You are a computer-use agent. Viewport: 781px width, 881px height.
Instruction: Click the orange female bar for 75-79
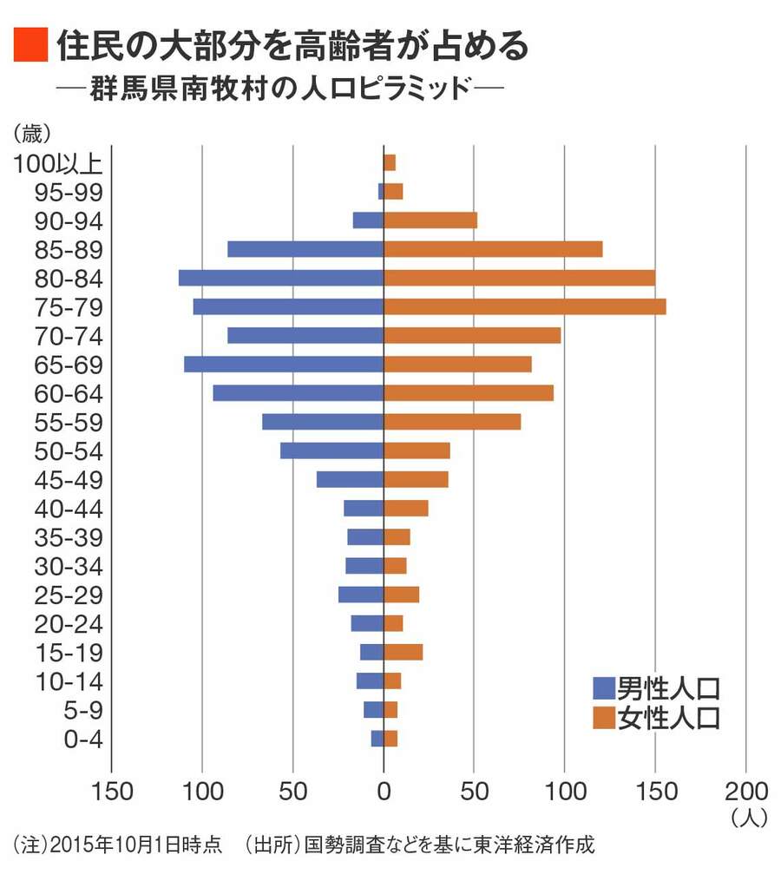[x=524, y=306]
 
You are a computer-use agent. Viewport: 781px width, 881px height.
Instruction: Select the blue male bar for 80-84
[x=281, y=278]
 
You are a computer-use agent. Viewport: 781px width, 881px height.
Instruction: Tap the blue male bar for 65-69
[x=284, y=364]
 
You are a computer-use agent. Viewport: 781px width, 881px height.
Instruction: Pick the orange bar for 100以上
[x=390, y=162]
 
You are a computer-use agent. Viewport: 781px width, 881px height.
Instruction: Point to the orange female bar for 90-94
[x=430, y=220]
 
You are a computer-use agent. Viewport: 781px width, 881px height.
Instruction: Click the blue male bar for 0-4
[x=377, y=739]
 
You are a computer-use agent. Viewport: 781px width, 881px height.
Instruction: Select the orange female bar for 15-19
[x=403, y=652]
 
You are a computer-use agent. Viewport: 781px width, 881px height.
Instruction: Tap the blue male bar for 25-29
[x=361, y=595]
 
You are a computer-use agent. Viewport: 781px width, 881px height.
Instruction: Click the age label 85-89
[x=69, y=250]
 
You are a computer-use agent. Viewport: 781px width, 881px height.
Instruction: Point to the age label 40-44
[x=69, y=509]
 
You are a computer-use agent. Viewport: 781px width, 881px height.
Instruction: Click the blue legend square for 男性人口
[x=603, y=688]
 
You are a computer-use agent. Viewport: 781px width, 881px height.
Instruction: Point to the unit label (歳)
[x=33, y=133]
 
